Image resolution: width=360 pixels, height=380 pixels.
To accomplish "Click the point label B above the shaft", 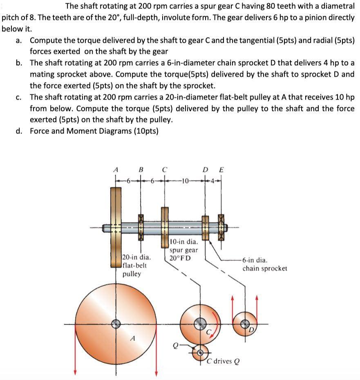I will click(x=141, y=169).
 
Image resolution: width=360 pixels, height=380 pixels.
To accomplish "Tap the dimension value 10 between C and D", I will click(x=184, y=180).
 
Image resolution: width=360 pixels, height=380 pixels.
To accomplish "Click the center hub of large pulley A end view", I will click(x=116, y=323).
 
